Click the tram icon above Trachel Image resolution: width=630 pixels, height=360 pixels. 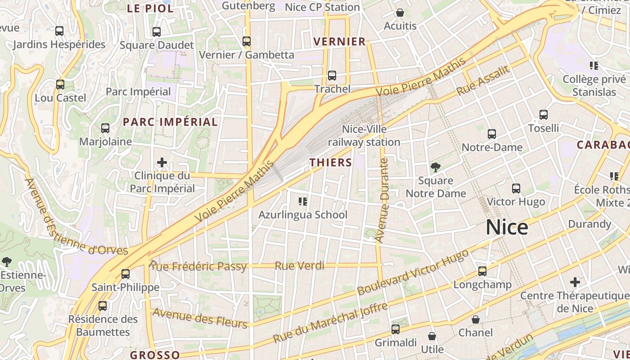(x=332, y=76)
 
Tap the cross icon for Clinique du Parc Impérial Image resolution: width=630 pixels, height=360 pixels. (x=162, y=162)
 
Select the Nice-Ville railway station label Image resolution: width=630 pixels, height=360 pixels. (x=364, y=136)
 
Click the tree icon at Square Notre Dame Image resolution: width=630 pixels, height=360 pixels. (x=435, y=167)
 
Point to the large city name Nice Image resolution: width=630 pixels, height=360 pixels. (x=507, y=227)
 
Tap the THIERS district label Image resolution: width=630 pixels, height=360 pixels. (x=331, y=162)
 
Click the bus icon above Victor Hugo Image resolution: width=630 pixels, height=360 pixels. (x=516, y=189)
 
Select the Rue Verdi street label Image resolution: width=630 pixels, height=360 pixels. (x=299, y=266)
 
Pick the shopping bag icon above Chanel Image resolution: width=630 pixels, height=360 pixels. (x=476, y=319)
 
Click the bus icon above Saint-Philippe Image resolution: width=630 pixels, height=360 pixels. (x=126, y=274)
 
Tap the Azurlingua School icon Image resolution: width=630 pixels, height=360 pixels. (x=303, y=201)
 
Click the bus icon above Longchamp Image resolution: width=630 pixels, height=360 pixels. (x=482, y=271)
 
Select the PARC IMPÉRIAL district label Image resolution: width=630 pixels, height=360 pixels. (x=170, y=122)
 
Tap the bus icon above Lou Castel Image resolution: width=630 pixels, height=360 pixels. (x=60, y=85)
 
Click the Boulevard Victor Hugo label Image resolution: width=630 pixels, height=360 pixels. (x=413, y=272)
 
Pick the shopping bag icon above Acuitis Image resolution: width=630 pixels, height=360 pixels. (x=400, y=13)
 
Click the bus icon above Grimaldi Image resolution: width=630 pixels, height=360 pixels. (x=396, y=329)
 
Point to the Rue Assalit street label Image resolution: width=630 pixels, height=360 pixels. (x=483, y=80)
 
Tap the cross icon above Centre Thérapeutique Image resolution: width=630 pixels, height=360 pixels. (x=575, y=282)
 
